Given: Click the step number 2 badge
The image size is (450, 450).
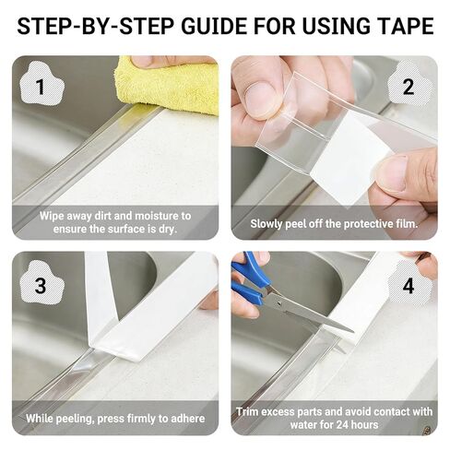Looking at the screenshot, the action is pyautogui.click(x=408, y=86).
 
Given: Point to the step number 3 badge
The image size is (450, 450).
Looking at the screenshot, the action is pyautogui.click(x=41, y=286).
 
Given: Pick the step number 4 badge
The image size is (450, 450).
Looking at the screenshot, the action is pyautogui.click(x=409, y=286).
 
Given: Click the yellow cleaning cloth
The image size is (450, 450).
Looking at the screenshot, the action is pyautogui.click(x=169, y=85).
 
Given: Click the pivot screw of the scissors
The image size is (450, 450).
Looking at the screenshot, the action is pyautogui.click(x=279, y=303).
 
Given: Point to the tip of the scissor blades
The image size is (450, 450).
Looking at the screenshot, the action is pyautogui.click(x=353, y=332).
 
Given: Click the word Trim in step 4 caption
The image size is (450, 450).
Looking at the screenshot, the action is pyautogui.click(x=247, y=412).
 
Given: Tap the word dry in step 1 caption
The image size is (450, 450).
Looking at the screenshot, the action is pyautogui.click(x=168, y=230).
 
